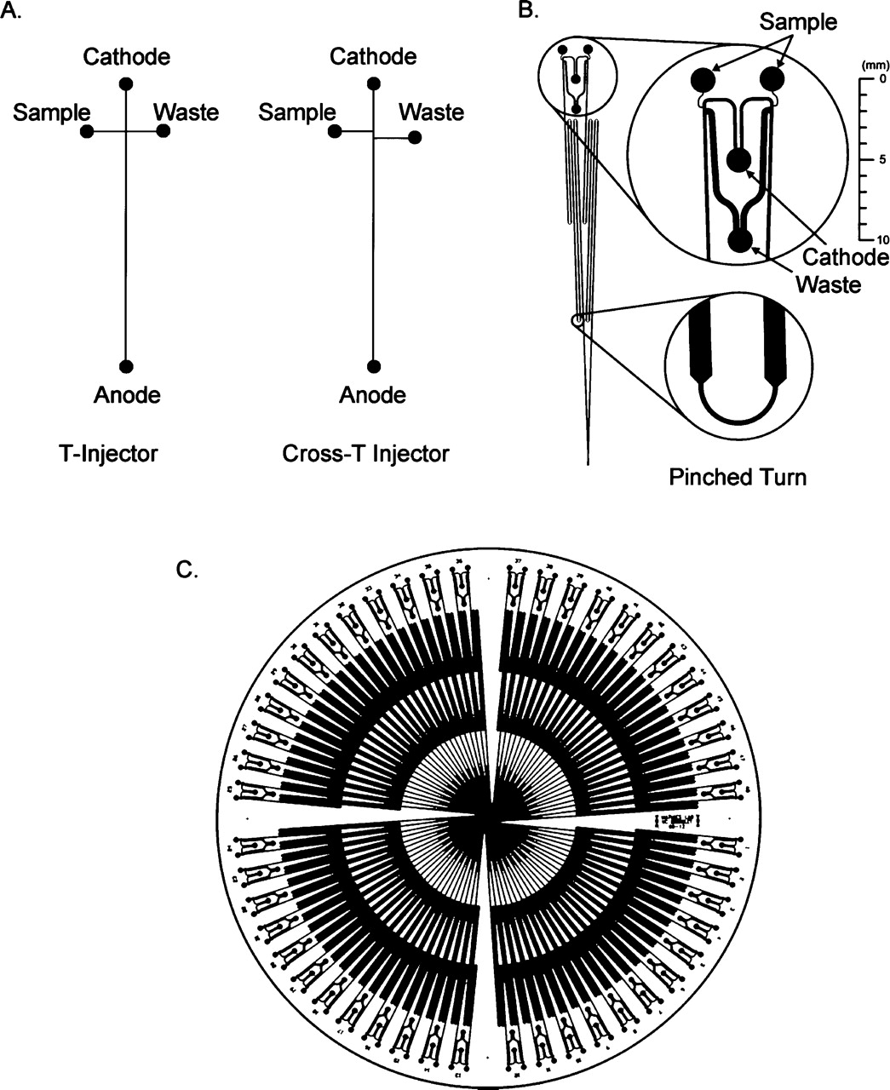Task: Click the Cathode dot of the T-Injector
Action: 126,83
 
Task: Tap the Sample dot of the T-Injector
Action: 86,131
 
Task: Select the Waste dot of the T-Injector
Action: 163,131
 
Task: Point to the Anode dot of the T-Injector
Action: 126,366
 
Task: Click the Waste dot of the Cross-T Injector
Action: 413,137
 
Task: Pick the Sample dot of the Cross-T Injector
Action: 335,131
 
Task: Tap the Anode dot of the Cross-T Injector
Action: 373,366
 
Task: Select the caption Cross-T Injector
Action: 365,454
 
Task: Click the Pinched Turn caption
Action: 738,476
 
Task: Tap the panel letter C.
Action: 187,570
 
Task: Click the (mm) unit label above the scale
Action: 874,65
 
